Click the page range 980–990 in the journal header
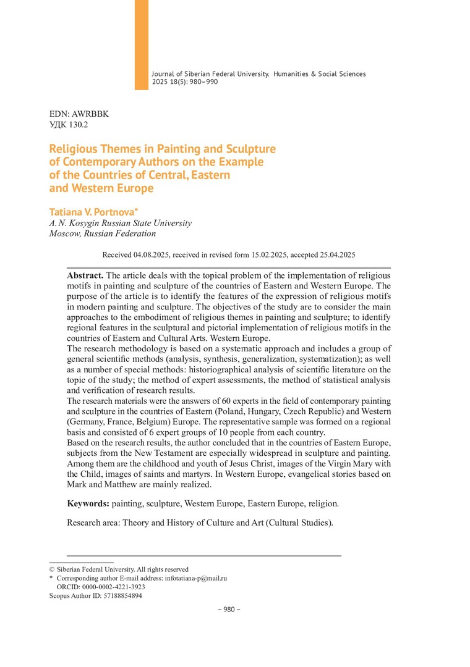click(x=198, y=82)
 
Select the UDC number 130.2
click(x=78, y=125)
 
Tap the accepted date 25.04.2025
click(x=333, y=254)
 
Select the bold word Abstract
click(x=85, y=275)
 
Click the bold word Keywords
click(x=88, y=504)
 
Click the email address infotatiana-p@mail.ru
click(x=196, y=579)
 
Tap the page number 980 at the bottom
click(x=228, y=610)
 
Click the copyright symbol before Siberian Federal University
click(x=52, y=569)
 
